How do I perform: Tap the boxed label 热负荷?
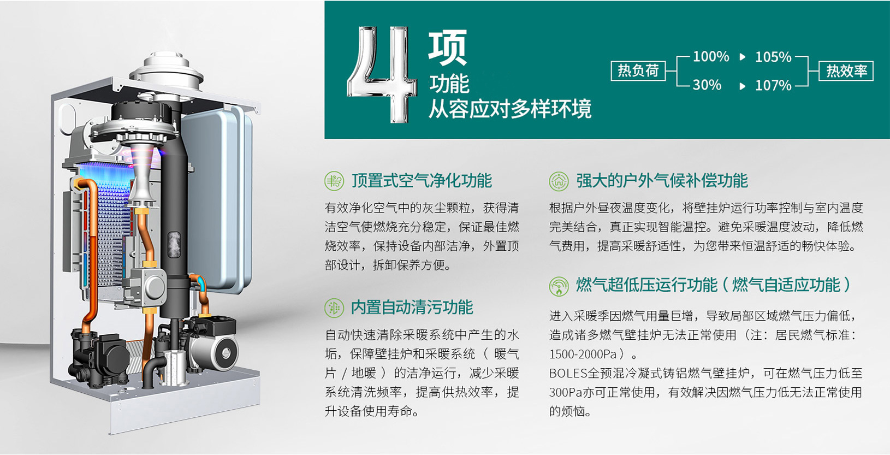click(x=638, y=71)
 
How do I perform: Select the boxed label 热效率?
click(x=846, y=71)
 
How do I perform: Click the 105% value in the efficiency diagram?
click(x=773, y=57)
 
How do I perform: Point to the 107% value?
click(x=773, y=85)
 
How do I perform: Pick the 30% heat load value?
click(x=707, y=85)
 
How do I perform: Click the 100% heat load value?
click(x=711, y=56)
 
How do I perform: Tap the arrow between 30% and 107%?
click(x=742, y=86)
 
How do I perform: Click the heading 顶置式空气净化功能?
click(x=422, y=181)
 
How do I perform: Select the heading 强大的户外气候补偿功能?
click(x=662, y=181)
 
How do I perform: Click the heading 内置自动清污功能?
click(x=412, y=308)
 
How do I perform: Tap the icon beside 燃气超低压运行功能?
click(x=559, y=287)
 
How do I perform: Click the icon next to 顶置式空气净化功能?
click(x=334, y=181)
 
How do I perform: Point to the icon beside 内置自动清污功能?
click(x=334, y=308)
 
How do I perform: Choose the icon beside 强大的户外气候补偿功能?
click(x=559, y=181)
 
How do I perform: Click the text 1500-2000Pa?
click(x=583, y=354)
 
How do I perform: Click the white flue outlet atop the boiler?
click(x=167, y=72)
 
